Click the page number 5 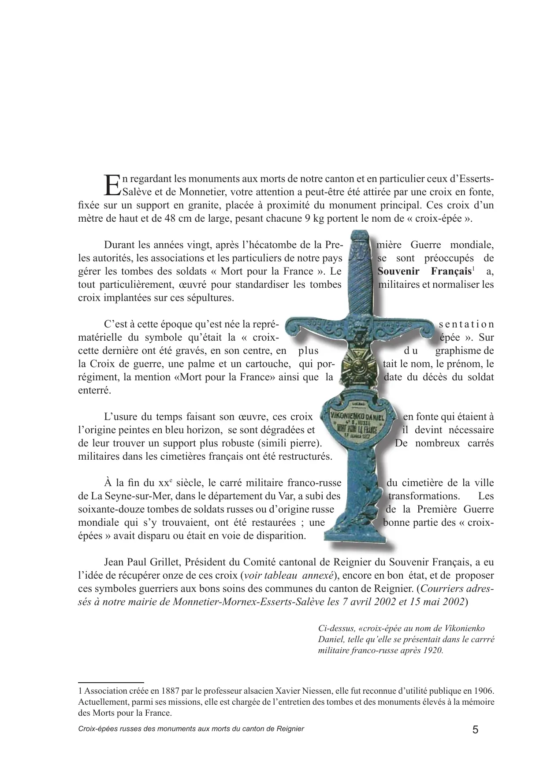tap(475, 729)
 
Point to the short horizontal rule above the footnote tap(111, 682)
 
